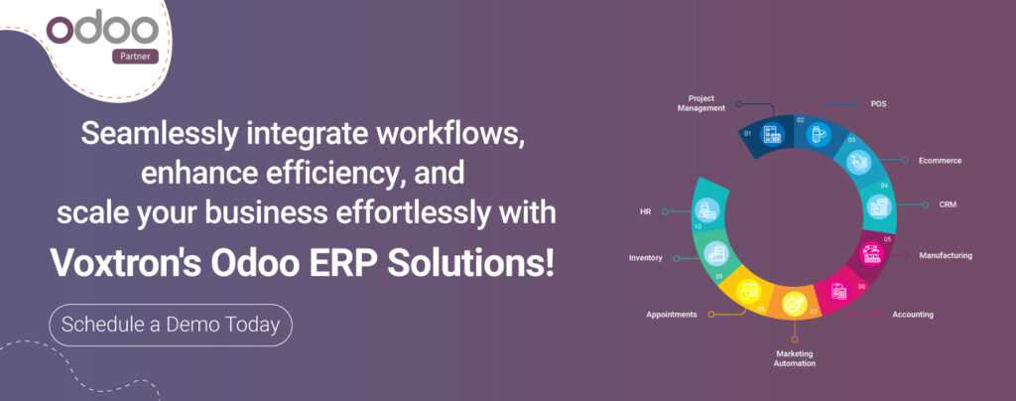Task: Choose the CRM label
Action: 948,204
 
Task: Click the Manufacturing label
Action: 945,255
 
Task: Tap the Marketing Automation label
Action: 795,358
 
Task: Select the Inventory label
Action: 646,258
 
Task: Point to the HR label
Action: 646,211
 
